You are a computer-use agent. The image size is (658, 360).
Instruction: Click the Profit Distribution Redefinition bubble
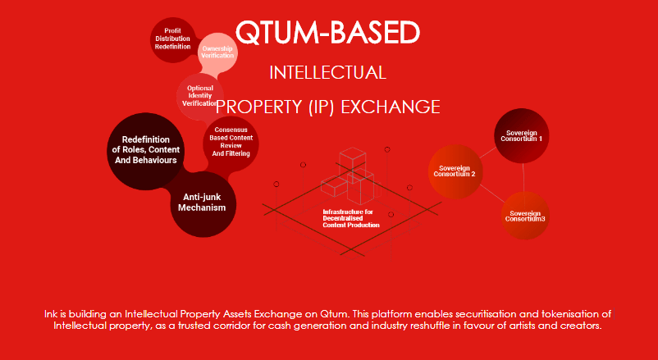172,40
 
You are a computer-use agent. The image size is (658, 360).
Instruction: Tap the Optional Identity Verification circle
199,97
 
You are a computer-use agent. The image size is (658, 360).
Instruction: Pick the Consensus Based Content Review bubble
231,144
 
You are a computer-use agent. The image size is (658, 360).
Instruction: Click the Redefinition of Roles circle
145,151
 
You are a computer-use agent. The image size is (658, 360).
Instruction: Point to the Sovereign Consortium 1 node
522,135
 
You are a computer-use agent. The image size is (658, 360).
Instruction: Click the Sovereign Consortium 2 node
455,171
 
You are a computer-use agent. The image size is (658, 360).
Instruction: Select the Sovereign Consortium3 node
525,216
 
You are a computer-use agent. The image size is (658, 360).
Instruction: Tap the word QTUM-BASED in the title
327,32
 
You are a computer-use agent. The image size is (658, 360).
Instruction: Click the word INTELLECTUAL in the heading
327,73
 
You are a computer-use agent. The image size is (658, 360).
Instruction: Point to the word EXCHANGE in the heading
391,107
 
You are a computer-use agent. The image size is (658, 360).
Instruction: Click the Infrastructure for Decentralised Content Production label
351,219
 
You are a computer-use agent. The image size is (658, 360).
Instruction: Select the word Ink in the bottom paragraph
49,314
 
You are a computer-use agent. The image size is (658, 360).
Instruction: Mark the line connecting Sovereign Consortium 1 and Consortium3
523,177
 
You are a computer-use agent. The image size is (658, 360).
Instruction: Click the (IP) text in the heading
322,107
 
